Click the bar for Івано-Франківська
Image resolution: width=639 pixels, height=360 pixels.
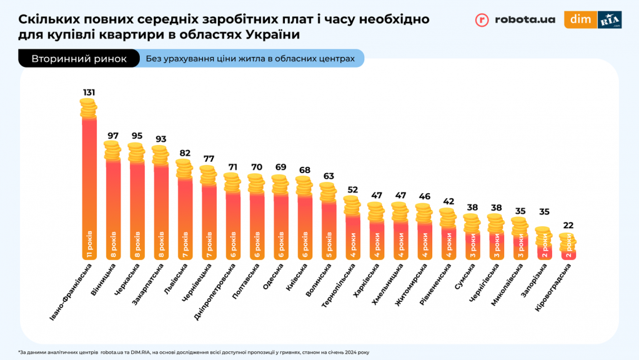tap(89, 187)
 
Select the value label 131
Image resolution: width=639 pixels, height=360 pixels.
tap(89, 92)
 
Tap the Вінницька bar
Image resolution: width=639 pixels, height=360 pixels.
tap(113, 209)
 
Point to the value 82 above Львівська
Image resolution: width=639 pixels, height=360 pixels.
tap(184, 152)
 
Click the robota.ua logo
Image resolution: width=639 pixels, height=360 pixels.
tap(515, 19)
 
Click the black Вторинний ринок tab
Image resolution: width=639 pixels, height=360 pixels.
tap(79, 59)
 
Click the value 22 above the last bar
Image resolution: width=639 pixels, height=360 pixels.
tap(568, 226)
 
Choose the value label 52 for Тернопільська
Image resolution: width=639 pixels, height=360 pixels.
tap(352, 189)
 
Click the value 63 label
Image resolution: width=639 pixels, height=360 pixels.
tap(328, 176)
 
